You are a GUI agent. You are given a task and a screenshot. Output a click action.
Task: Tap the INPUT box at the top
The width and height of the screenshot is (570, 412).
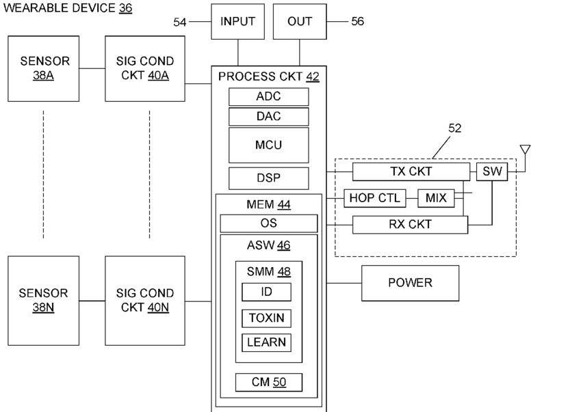(x=237, y=21)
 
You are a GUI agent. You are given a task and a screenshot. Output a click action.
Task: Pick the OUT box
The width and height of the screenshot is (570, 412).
(x=299, y=21)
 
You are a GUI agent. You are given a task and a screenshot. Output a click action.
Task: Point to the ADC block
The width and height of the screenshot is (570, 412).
(x=268, y=96)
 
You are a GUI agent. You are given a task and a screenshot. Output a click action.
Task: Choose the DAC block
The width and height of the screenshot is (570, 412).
(x=268, y=117)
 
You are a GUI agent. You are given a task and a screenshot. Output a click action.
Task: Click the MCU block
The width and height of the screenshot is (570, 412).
(x=268, y=145)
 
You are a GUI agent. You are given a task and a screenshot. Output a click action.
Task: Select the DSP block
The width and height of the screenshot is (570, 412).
(x=268, y=178)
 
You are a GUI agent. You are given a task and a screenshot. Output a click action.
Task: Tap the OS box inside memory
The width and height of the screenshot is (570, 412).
(x=268, y=223)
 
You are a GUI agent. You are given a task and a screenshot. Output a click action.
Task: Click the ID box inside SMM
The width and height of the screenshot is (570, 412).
(x=266, y=292)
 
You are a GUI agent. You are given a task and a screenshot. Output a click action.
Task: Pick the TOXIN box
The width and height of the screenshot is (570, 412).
(x=266, y=318)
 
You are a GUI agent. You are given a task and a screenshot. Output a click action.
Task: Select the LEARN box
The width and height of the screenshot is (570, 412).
(x=266, y=342)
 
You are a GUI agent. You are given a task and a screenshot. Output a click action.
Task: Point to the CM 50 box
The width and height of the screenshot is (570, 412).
(x=268, y=382)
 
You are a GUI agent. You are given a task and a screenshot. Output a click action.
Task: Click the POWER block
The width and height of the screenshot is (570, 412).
(x=410, y=283)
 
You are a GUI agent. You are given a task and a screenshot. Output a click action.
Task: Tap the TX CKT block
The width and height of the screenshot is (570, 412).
(x=411, y=171)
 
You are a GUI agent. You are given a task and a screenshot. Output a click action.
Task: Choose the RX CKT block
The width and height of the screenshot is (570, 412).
(x=410, y=223)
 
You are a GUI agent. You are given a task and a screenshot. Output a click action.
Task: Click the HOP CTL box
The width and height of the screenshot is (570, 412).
(x=375, y=198)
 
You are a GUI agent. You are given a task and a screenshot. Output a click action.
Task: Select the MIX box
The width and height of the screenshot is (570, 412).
(x=435, y=198)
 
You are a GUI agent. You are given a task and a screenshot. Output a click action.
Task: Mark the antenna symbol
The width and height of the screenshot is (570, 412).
(x=525, y=150)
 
